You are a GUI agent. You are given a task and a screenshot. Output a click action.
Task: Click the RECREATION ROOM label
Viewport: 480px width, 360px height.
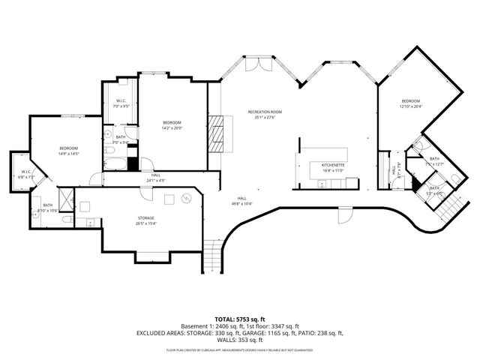click(x=265, y=112)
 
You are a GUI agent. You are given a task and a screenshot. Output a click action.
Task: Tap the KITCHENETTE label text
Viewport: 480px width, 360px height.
click(x=332, y=164)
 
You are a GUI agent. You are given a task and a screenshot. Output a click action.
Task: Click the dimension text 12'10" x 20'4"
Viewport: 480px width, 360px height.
click(x=410, y=106)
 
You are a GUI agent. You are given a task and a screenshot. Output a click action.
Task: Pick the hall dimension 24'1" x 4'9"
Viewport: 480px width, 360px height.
click(x=155, y=181)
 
